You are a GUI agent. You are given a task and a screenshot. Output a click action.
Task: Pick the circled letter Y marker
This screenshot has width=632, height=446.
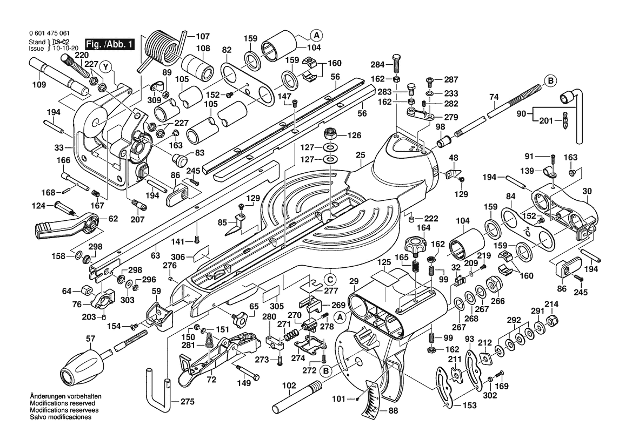[107, 67]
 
